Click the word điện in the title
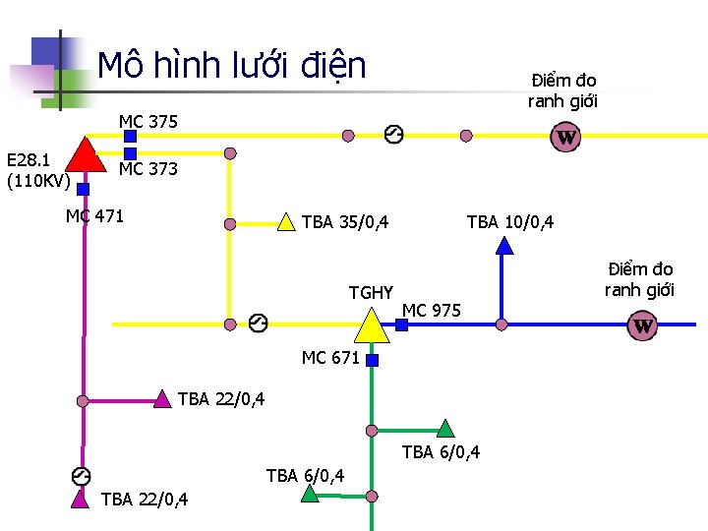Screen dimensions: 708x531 330,66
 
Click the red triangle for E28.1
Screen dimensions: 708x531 86,155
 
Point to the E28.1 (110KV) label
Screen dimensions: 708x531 36,169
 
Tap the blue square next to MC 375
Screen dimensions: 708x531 130,137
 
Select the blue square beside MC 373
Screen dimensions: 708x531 130,153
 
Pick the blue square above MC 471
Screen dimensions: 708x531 83,189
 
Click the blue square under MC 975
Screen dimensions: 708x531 401,324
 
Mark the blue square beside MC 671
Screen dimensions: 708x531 372,361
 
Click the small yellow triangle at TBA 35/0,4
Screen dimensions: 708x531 285,221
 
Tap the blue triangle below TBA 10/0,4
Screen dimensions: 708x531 504,246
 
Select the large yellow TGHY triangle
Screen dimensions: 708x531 370,324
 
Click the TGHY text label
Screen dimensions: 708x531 371,292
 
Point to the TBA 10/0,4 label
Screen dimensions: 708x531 509,222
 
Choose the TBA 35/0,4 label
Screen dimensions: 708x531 345,222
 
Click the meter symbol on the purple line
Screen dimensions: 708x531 82,476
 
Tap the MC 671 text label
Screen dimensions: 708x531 330,358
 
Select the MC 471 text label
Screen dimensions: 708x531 94,216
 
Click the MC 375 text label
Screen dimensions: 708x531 148,122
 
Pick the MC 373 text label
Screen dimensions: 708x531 148,169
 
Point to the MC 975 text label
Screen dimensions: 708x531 432,312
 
